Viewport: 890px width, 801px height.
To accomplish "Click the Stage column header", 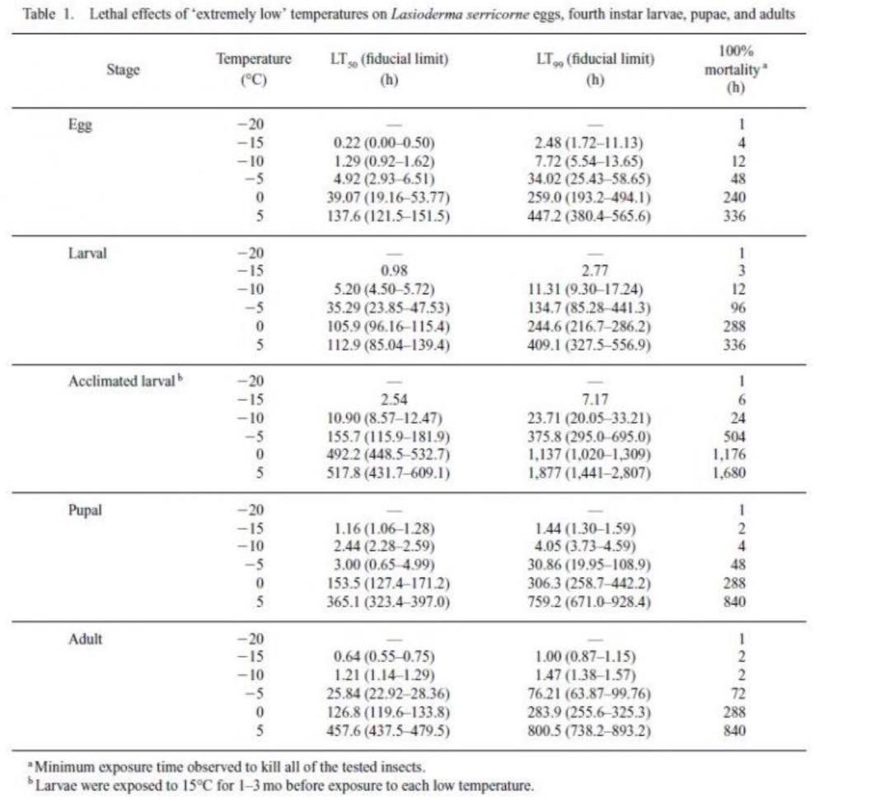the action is [123, 70].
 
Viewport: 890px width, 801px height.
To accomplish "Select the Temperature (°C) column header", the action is [254, 68].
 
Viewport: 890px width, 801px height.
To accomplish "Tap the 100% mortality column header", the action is [736, 69].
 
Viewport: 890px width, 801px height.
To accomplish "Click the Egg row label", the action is [80, 125].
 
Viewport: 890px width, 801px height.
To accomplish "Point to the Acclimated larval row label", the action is [125, 381].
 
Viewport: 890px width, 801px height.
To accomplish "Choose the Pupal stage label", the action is [85, 510].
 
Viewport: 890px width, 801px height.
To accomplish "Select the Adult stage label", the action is [85, 639].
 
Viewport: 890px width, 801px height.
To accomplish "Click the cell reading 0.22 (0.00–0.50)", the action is [384, 143].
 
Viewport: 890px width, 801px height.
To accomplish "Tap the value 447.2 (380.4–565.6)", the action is [589, 216].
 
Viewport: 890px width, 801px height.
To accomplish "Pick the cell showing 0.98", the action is [394, 271].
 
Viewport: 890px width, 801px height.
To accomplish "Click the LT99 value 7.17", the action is [595, 399].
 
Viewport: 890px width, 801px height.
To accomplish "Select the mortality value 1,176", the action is [729, 454].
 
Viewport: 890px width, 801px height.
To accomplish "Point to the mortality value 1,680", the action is [729, 473].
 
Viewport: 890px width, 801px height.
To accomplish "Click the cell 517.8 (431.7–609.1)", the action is [388, 473].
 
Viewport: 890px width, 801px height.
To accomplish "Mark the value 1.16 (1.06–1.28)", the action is [384, 529].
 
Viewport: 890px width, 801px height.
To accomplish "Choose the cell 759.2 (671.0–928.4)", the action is [589, 602].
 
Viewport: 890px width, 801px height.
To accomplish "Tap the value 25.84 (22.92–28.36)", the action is [388, 693].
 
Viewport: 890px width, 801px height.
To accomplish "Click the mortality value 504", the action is [734, 436].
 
